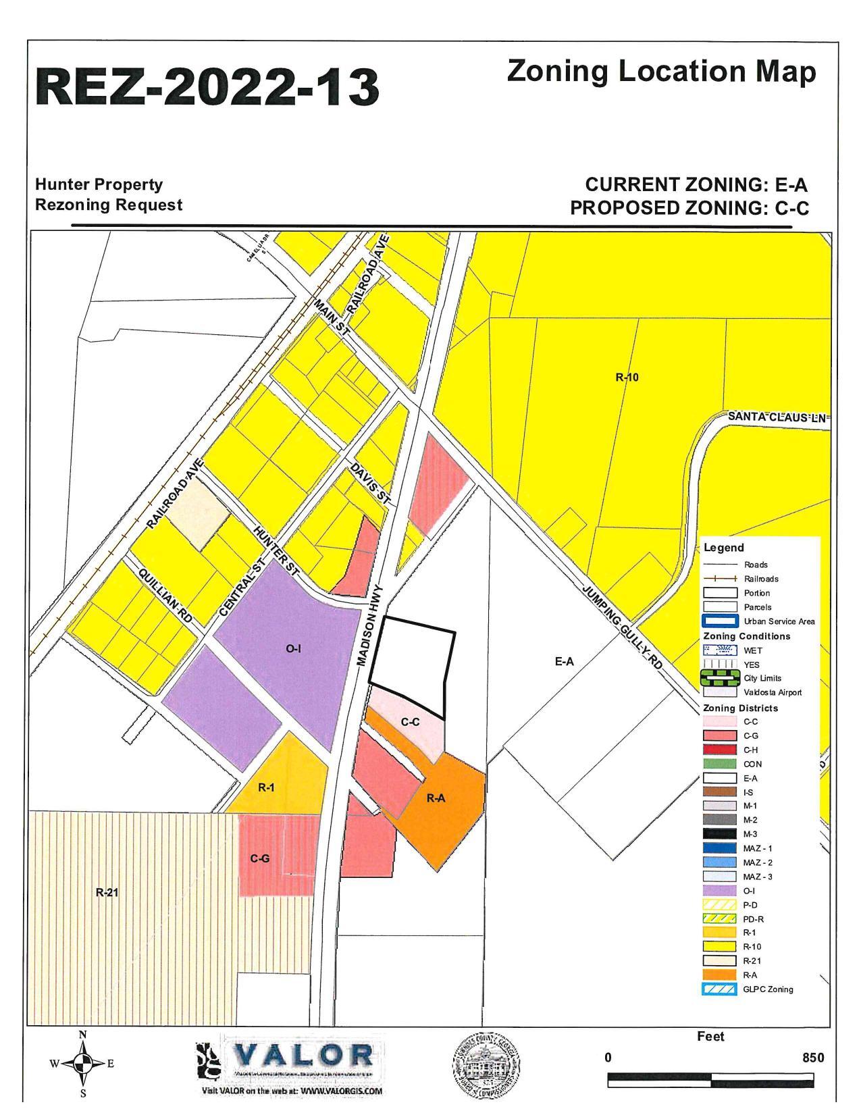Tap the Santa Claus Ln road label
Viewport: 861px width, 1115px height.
tap(777, 417)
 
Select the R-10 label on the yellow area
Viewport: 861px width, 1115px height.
tap(627, 378)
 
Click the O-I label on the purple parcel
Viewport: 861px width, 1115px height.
tap(293, 649)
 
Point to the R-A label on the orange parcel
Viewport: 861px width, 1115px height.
tap(436, 798)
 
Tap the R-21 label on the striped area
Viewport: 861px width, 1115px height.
tap(107, 892)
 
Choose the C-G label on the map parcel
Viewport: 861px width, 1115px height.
tap(260, 858)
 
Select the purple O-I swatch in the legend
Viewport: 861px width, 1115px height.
tap(719, 891)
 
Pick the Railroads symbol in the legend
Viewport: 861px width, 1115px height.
tap(719, 579)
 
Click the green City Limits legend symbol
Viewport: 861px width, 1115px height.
tap(719, 678)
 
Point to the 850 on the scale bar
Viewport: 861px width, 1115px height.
tap(812, 1058)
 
